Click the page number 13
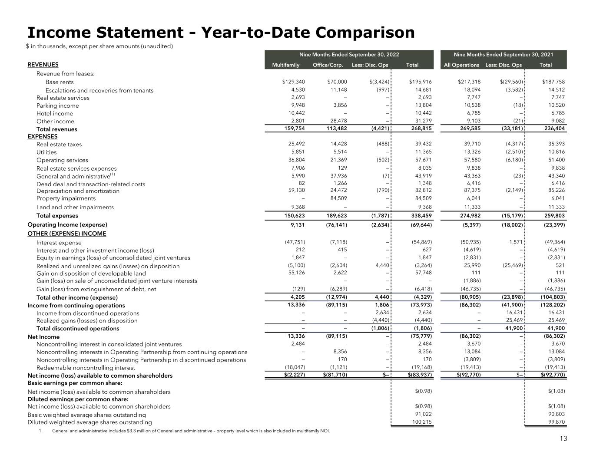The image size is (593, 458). coord(563,438)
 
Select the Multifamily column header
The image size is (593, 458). coord(285,65)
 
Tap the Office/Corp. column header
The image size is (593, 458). coord(328,65)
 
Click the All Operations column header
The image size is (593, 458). coord(461,65)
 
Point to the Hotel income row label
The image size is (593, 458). coord(55,114)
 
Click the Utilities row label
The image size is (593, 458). coord(46,152)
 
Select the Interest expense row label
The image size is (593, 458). coord(59,243)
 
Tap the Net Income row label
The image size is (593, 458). coord(43,337)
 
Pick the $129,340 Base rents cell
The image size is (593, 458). coord(293,82)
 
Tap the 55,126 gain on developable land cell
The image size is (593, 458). coord(296,273)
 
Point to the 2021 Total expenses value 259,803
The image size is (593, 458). coord(554,215)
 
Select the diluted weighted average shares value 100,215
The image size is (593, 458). coord(422,422)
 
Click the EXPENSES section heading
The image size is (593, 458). coord(42,136)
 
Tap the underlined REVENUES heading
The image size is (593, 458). coord(43,65)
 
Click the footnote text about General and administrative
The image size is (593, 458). coord(191,431)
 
